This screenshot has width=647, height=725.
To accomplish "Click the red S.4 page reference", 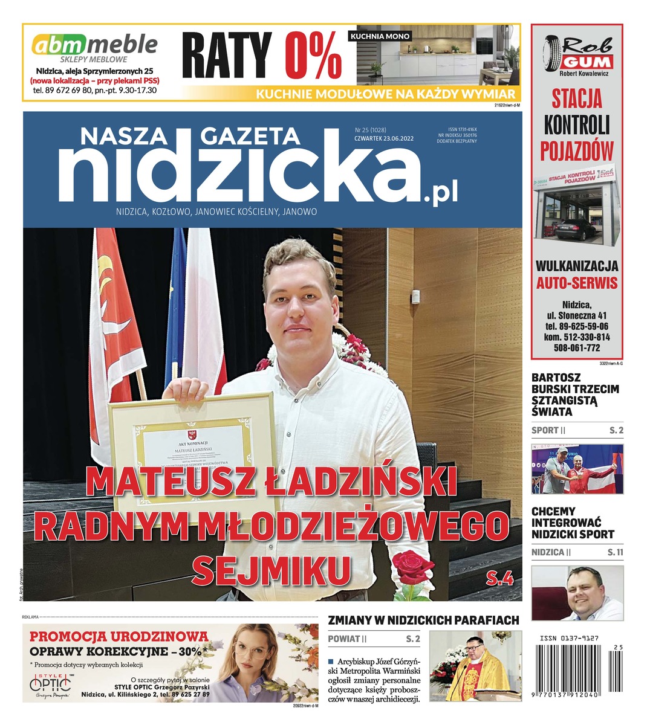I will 499,580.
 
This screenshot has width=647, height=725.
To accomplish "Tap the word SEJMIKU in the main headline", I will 275,568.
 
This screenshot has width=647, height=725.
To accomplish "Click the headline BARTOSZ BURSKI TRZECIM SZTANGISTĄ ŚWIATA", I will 575,401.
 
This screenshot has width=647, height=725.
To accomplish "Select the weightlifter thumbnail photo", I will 577,469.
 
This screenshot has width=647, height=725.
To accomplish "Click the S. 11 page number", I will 616,552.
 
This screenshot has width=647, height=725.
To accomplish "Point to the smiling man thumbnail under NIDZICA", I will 577,593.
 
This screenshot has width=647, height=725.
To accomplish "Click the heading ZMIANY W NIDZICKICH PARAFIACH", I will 423,620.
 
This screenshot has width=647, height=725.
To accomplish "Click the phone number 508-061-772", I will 577,348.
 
